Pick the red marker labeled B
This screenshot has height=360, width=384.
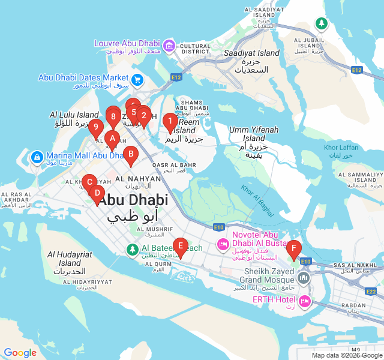point(130,154)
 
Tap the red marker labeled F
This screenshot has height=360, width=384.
point(293,248)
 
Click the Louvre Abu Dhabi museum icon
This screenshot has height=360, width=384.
point(169,45)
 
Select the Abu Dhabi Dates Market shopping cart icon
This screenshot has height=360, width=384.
point(137,79)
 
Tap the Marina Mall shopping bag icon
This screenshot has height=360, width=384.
point(37,157)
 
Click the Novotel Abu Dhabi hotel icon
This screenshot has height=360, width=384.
point(223,244)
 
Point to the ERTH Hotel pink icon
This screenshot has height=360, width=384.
point(304,299)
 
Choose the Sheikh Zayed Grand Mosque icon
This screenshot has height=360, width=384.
point(304,278)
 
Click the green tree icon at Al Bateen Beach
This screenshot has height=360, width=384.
point(132,248)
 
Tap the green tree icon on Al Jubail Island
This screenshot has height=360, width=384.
point(322,23)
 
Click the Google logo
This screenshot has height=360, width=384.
point(20,353)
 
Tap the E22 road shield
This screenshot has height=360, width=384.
point(370,291)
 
